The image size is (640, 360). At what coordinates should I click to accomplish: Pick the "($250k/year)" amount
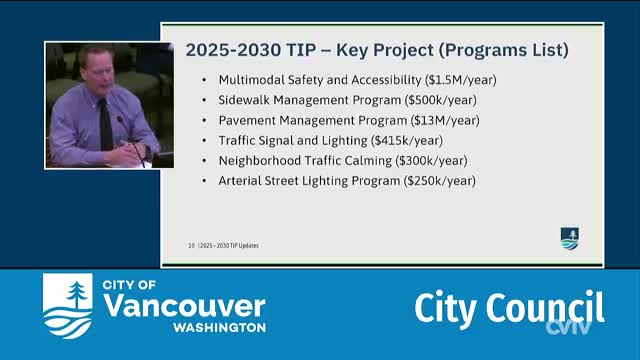[439, 181]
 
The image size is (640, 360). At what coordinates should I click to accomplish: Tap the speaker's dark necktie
[106, 124]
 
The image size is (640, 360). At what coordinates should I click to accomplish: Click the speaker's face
[99, 73]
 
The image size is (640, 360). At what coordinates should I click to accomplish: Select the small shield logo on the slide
[569, 238]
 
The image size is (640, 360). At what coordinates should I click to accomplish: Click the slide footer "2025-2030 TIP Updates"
[239, 245]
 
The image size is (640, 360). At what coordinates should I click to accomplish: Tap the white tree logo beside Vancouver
[67, 304]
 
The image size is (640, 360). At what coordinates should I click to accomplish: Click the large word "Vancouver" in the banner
[184, 306]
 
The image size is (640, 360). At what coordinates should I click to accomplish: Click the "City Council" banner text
[509, 308]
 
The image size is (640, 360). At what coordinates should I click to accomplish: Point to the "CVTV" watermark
[568, 327]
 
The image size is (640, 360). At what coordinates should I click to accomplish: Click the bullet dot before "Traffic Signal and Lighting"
[206, 141]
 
